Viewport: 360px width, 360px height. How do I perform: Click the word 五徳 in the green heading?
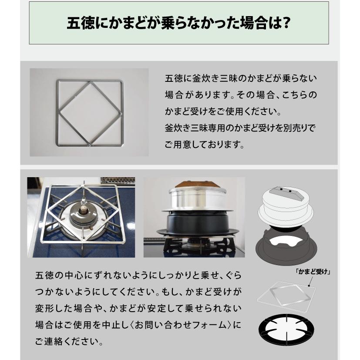(x=78, y=23)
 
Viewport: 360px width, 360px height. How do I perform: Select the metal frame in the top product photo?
(x=90, y=112)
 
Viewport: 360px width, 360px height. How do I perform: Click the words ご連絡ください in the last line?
(x=68, y=340)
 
